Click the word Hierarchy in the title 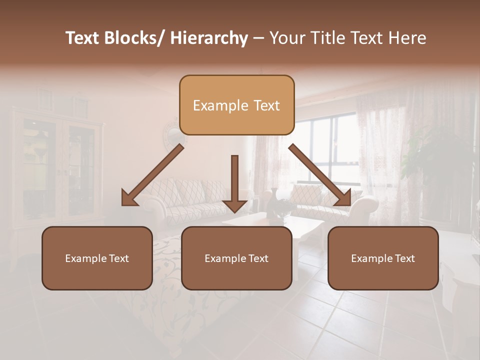(209, 38)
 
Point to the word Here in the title (408, 38)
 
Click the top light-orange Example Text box (236, 105)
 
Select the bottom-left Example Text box (97, 258)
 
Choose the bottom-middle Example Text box (236, 258)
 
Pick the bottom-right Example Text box (383, 258)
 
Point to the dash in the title (258, 38)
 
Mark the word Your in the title (286, 38)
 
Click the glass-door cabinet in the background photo (55, 165)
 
